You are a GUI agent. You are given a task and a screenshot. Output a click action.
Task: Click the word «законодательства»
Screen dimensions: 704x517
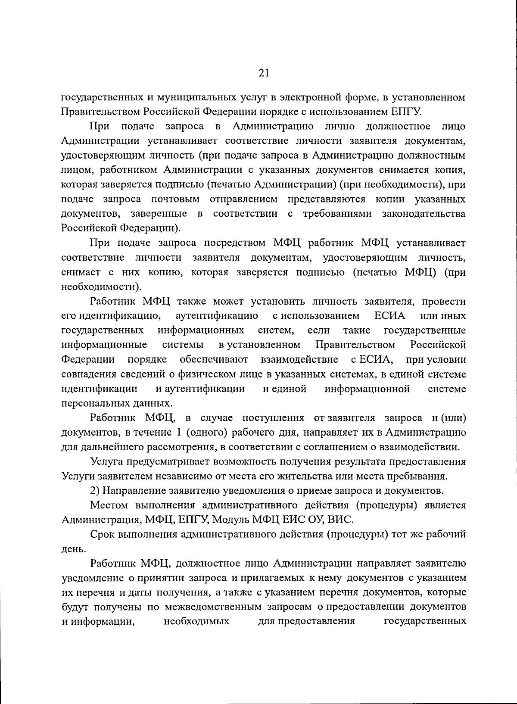pyautogui.click(x=424, y=214)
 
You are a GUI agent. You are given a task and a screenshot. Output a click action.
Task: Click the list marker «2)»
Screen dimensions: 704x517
pyautogui.click(x=96, y=491)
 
